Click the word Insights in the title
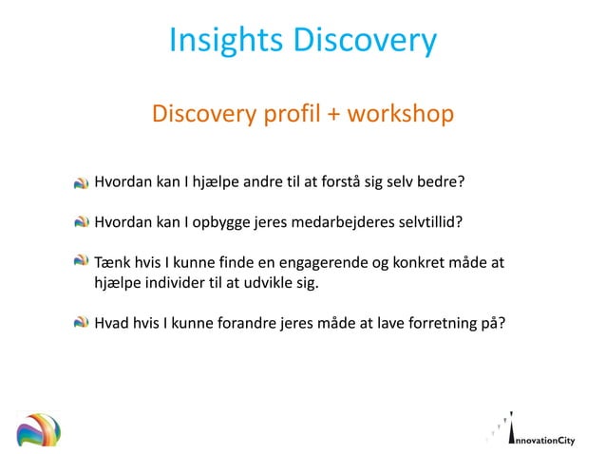224,40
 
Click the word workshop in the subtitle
400,115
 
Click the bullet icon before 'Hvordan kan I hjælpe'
83,181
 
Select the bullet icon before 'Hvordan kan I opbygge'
83,222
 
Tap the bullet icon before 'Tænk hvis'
83,261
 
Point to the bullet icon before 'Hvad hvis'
83,322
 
